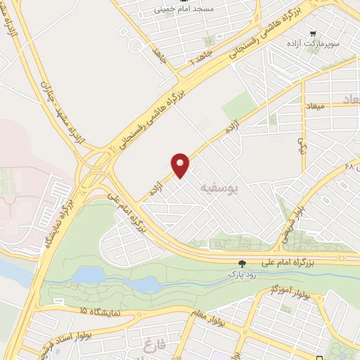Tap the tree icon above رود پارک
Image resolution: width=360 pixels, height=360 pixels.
[x=242, y=263]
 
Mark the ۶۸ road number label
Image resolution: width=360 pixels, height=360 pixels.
[x=348, y=167]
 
